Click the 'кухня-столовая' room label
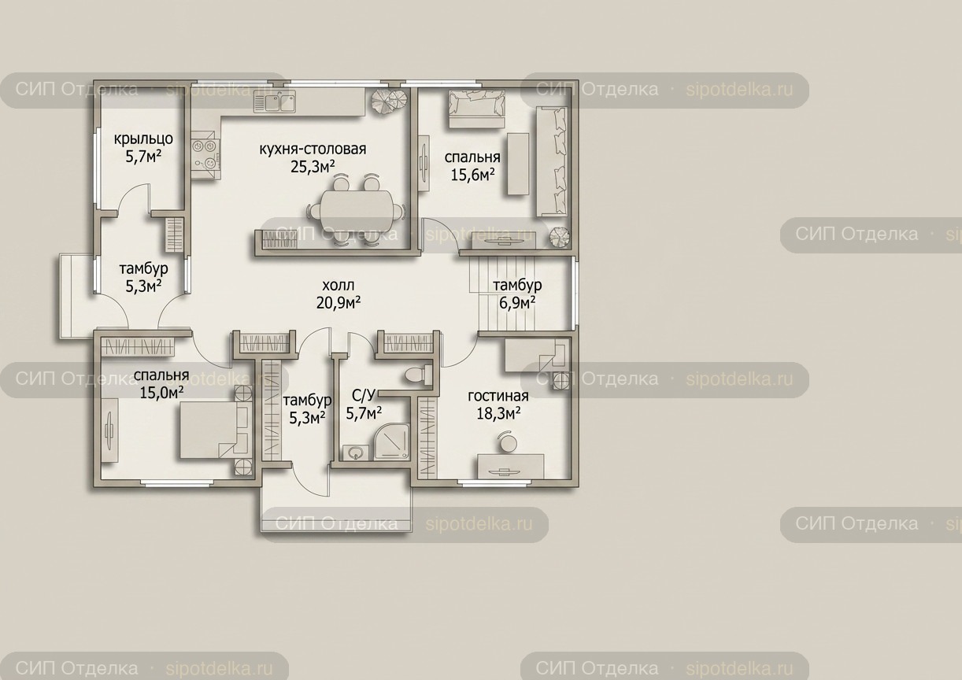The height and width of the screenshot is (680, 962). pos(313,149)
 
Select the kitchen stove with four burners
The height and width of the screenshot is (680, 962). pos(205,155)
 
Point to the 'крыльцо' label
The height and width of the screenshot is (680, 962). pos(143,139)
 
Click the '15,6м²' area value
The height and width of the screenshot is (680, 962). pos(472,175)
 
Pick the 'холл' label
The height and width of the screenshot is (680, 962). pos(339,285)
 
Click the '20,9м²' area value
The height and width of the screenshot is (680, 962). pos(339,303)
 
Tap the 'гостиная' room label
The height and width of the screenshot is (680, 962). pos(498,395)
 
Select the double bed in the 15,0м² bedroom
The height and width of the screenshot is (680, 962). pos(215,430)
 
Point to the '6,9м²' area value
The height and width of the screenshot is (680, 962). pos(517,303)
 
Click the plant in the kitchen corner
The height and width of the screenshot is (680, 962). pos(389,102)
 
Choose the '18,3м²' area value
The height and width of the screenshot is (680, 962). pos(498,413)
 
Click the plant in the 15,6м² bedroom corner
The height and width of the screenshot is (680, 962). pos(560,237)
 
